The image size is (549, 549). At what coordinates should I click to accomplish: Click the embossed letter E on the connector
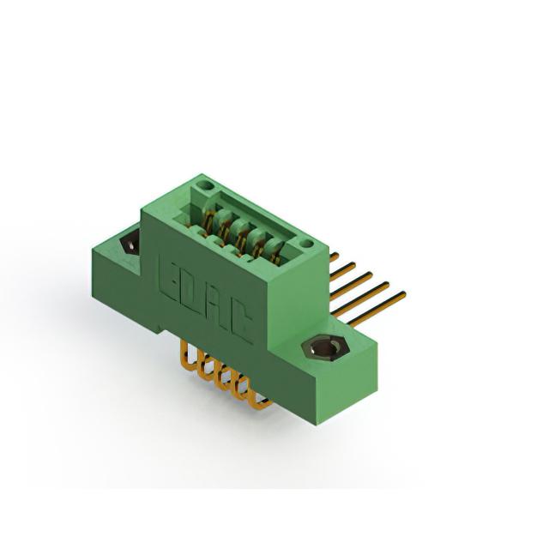click(x=169, y=278)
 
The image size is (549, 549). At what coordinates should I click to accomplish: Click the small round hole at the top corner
click(x=204, y=184)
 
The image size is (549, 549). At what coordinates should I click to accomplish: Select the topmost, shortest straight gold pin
click(x=335, y=257)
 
